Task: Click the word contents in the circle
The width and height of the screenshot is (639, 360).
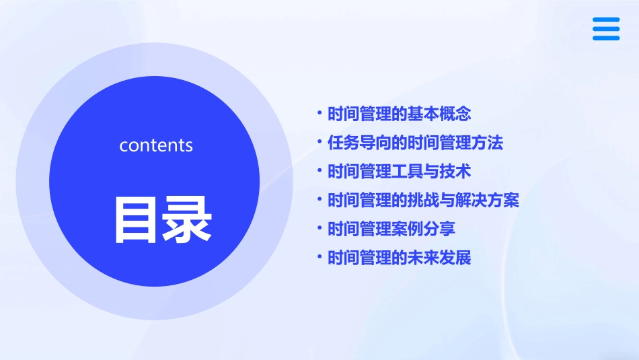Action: (156, 145)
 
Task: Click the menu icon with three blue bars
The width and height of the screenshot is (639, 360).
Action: (606, 29)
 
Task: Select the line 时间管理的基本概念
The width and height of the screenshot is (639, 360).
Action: (400, 114)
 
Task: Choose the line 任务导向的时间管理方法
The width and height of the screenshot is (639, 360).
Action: (415, 143)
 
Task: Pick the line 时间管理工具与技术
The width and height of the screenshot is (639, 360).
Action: (400, 171)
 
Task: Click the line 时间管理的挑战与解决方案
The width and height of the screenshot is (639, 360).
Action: (423, 200)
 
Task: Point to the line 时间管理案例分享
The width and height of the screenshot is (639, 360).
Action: (391, 229)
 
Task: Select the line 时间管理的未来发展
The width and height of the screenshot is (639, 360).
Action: (400, 258)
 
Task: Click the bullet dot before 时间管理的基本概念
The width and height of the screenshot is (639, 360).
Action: (320, 112)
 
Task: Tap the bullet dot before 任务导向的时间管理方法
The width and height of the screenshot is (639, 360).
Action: (320, 141)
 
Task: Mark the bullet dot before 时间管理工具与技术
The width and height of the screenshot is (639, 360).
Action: (320, 170)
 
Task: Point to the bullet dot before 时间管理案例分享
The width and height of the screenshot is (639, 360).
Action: (320, 227)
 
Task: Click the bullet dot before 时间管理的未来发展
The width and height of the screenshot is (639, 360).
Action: (320, 256)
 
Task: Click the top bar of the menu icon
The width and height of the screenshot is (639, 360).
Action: (606, 20)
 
